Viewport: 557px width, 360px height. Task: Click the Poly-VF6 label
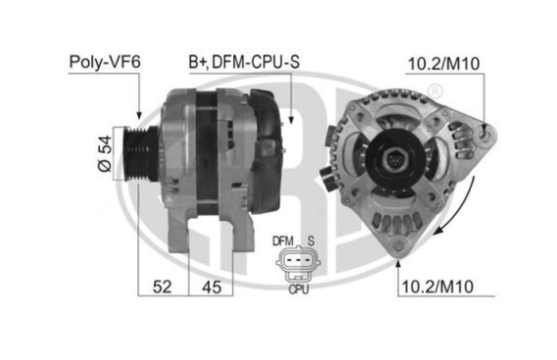tap(105, 62)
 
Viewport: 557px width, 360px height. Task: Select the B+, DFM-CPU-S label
tap(244, 62)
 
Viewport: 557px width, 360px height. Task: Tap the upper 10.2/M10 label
tap(443, 64)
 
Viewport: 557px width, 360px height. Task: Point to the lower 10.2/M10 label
tap(437, 286)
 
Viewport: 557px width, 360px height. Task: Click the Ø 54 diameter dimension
tap(105, 154)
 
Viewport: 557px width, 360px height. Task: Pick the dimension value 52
tap(162, 286)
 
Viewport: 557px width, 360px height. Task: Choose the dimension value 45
tap(212, 286)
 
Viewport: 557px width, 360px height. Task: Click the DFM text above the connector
tap(282, 241)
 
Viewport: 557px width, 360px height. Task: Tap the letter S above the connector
tap(311, 241)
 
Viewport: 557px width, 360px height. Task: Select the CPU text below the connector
tap(298, 289)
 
